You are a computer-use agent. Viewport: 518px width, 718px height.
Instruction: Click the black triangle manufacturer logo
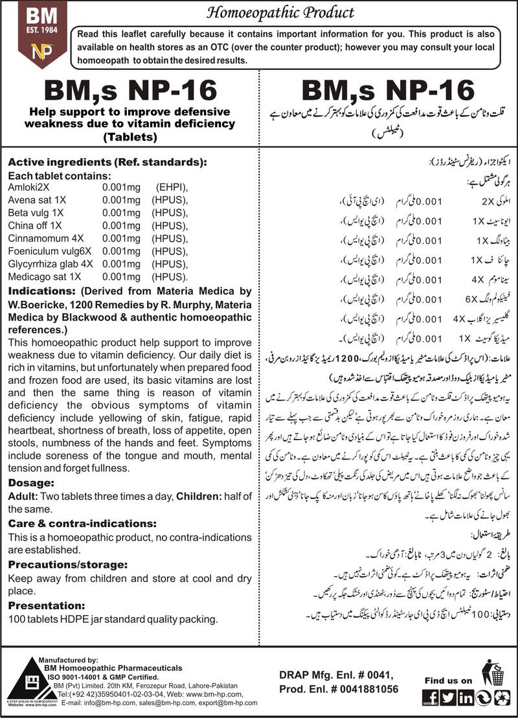click(25, 679)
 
